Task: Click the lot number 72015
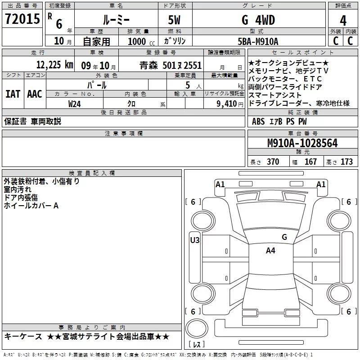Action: click(x=22, y=19)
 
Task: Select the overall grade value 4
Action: click(x=343, y=20)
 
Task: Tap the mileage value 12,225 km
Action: click(x=54, y=65)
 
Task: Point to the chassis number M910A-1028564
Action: click(x=302, y=143)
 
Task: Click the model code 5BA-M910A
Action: click(x=258, y=41)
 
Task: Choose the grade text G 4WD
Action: click(x=258, y=20)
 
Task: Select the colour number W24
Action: click(x=74, y=104)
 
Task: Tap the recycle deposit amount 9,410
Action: click(x=227, y=104)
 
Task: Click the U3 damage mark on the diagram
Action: click(x=195, y=240)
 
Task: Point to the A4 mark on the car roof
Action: click(x=270, y=251)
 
